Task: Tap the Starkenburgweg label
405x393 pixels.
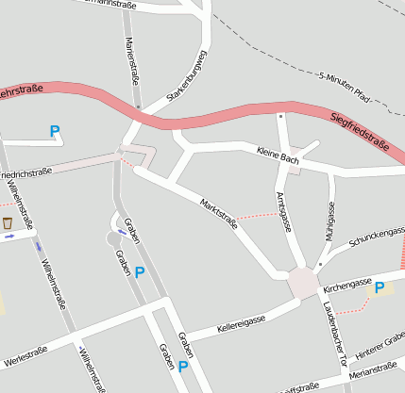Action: pos(186,84)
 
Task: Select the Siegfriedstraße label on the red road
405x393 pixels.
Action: pos(361,131)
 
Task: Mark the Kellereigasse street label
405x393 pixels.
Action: pos(241,325)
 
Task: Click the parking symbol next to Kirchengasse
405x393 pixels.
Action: pos(380,288)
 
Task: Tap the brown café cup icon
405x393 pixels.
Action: pos(8,223)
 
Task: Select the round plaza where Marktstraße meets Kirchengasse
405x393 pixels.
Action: pos(303,282)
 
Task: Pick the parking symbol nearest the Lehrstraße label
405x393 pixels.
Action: pos(54,133)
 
